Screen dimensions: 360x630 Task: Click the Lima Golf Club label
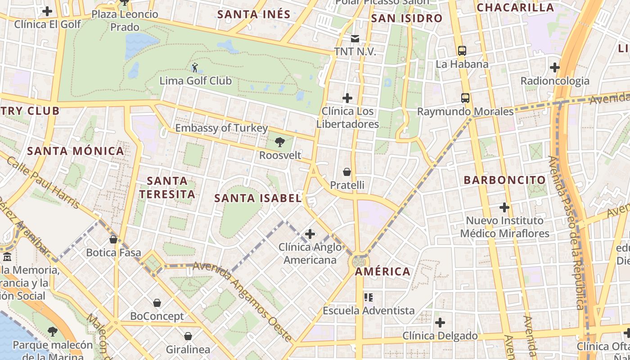(x=196, y=81)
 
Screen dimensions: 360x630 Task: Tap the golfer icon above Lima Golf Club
(x=194, y=68)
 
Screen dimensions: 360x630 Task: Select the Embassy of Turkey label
(x=221, y=128)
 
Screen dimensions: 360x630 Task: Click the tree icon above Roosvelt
(x=280, y=143)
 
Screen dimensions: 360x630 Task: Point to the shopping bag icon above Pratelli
(x=347, y=172)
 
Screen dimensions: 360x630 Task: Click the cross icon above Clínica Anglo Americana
(x=310, y=234)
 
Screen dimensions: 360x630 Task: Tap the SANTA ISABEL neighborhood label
(x=257, y=198)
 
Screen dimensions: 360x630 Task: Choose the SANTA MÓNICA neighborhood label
(x=76, y=151)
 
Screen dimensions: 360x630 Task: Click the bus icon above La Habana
(x=462, y=51)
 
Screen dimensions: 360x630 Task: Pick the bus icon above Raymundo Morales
(x=465, y=98)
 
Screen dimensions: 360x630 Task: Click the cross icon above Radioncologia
(x=555, y=67)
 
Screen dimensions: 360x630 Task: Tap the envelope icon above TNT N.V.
(x=355, y=39)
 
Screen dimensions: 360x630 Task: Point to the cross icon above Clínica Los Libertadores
(x=347, y=98)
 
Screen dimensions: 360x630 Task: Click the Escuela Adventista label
(x=369, y=310)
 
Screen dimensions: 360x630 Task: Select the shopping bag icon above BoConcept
(x=157, y=303)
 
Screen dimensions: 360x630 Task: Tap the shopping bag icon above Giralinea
(x=188, y=336)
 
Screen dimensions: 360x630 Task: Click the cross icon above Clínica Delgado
(x=440, y=323)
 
